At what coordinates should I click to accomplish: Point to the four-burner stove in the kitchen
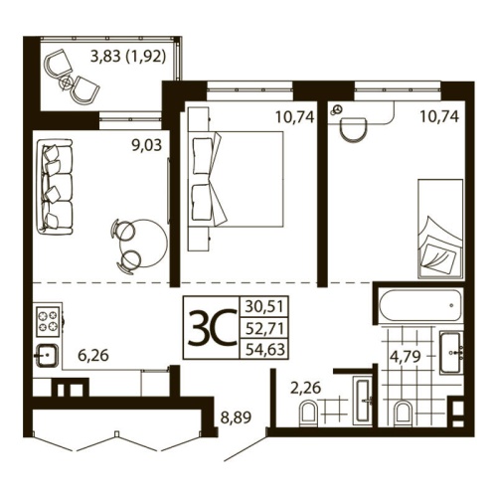[x=48, y=320]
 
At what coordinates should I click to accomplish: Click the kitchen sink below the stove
[x=46, y=354]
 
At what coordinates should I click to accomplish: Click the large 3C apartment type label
[x=211, y=325]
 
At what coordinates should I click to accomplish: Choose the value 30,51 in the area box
[x=262, y=306]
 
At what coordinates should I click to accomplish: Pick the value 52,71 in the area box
[x=262, y=326]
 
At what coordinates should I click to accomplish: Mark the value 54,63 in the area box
[x=262, y=347]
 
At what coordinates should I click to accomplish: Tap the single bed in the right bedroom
[x=438, y=227]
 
